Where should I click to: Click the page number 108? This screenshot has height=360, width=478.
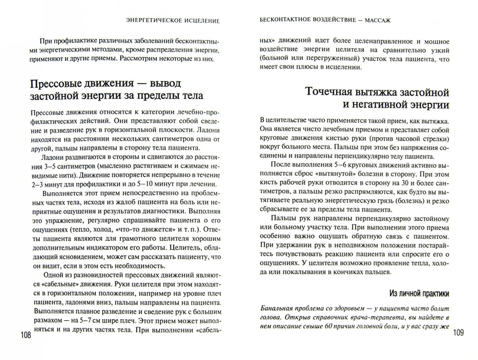click(25, 335)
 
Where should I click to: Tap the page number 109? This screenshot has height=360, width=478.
click(457, 334)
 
